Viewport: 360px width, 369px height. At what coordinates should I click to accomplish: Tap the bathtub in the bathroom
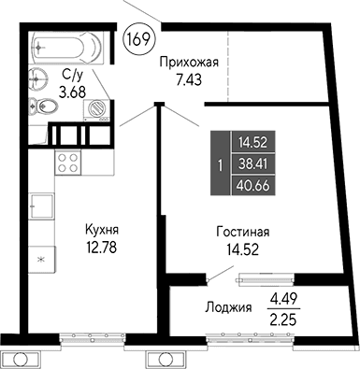point(68,45)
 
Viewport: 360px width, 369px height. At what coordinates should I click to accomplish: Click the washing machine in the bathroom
point(96,108)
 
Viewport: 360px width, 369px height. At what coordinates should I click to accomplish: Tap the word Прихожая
point(189,63)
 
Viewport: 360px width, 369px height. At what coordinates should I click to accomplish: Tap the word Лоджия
point(228,307)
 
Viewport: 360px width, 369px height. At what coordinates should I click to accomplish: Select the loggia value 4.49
point(283,300)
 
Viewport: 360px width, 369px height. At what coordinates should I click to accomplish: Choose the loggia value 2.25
point(283,317)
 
